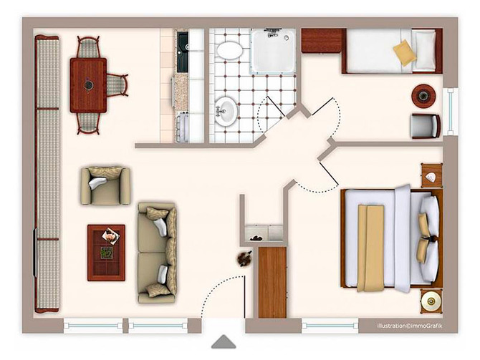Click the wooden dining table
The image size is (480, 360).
[88, 84]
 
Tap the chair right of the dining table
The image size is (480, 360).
[117, 84]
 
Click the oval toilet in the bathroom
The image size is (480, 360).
[229, 50]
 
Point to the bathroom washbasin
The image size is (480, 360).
[226, 112]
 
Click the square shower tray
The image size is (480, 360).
[273, 51]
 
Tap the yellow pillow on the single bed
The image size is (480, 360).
[405, 53]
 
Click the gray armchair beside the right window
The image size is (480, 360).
[425, 126]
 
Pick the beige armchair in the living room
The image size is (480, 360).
[105, 186]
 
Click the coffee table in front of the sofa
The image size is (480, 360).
[106, 252]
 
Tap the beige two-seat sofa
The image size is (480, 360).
[158, 252]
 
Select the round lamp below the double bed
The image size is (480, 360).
[431, 301]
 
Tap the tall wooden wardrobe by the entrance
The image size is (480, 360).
[272, 281]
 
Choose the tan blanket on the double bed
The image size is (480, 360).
[371, 248]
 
